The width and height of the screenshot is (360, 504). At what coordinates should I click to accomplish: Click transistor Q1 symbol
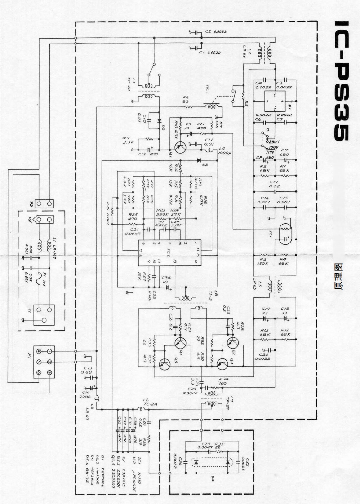tap(182, 147)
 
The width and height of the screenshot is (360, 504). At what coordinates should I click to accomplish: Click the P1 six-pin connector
tap(44, 362)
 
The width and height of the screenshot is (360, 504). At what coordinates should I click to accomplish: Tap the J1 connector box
tap(44, 314)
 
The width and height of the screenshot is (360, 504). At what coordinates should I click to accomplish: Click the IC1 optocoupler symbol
tap(284, 234)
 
